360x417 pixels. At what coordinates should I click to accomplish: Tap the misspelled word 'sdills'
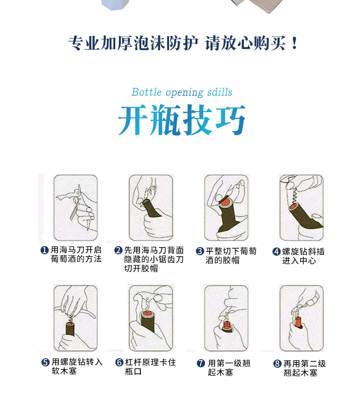click(219, 93)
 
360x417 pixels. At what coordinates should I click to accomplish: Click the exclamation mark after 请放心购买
click(294, 44)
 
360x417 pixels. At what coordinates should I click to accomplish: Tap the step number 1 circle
click(45, 250)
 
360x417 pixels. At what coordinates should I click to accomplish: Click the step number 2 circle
click(118, 250)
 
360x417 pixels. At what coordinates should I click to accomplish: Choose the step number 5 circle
click(45, 362)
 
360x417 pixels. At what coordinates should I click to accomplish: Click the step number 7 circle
click(201, 363)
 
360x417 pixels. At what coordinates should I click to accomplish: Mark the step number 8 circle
click(277, 364)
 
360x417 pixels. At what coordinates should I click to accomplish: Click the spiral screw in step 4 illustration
click(296, 196)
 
